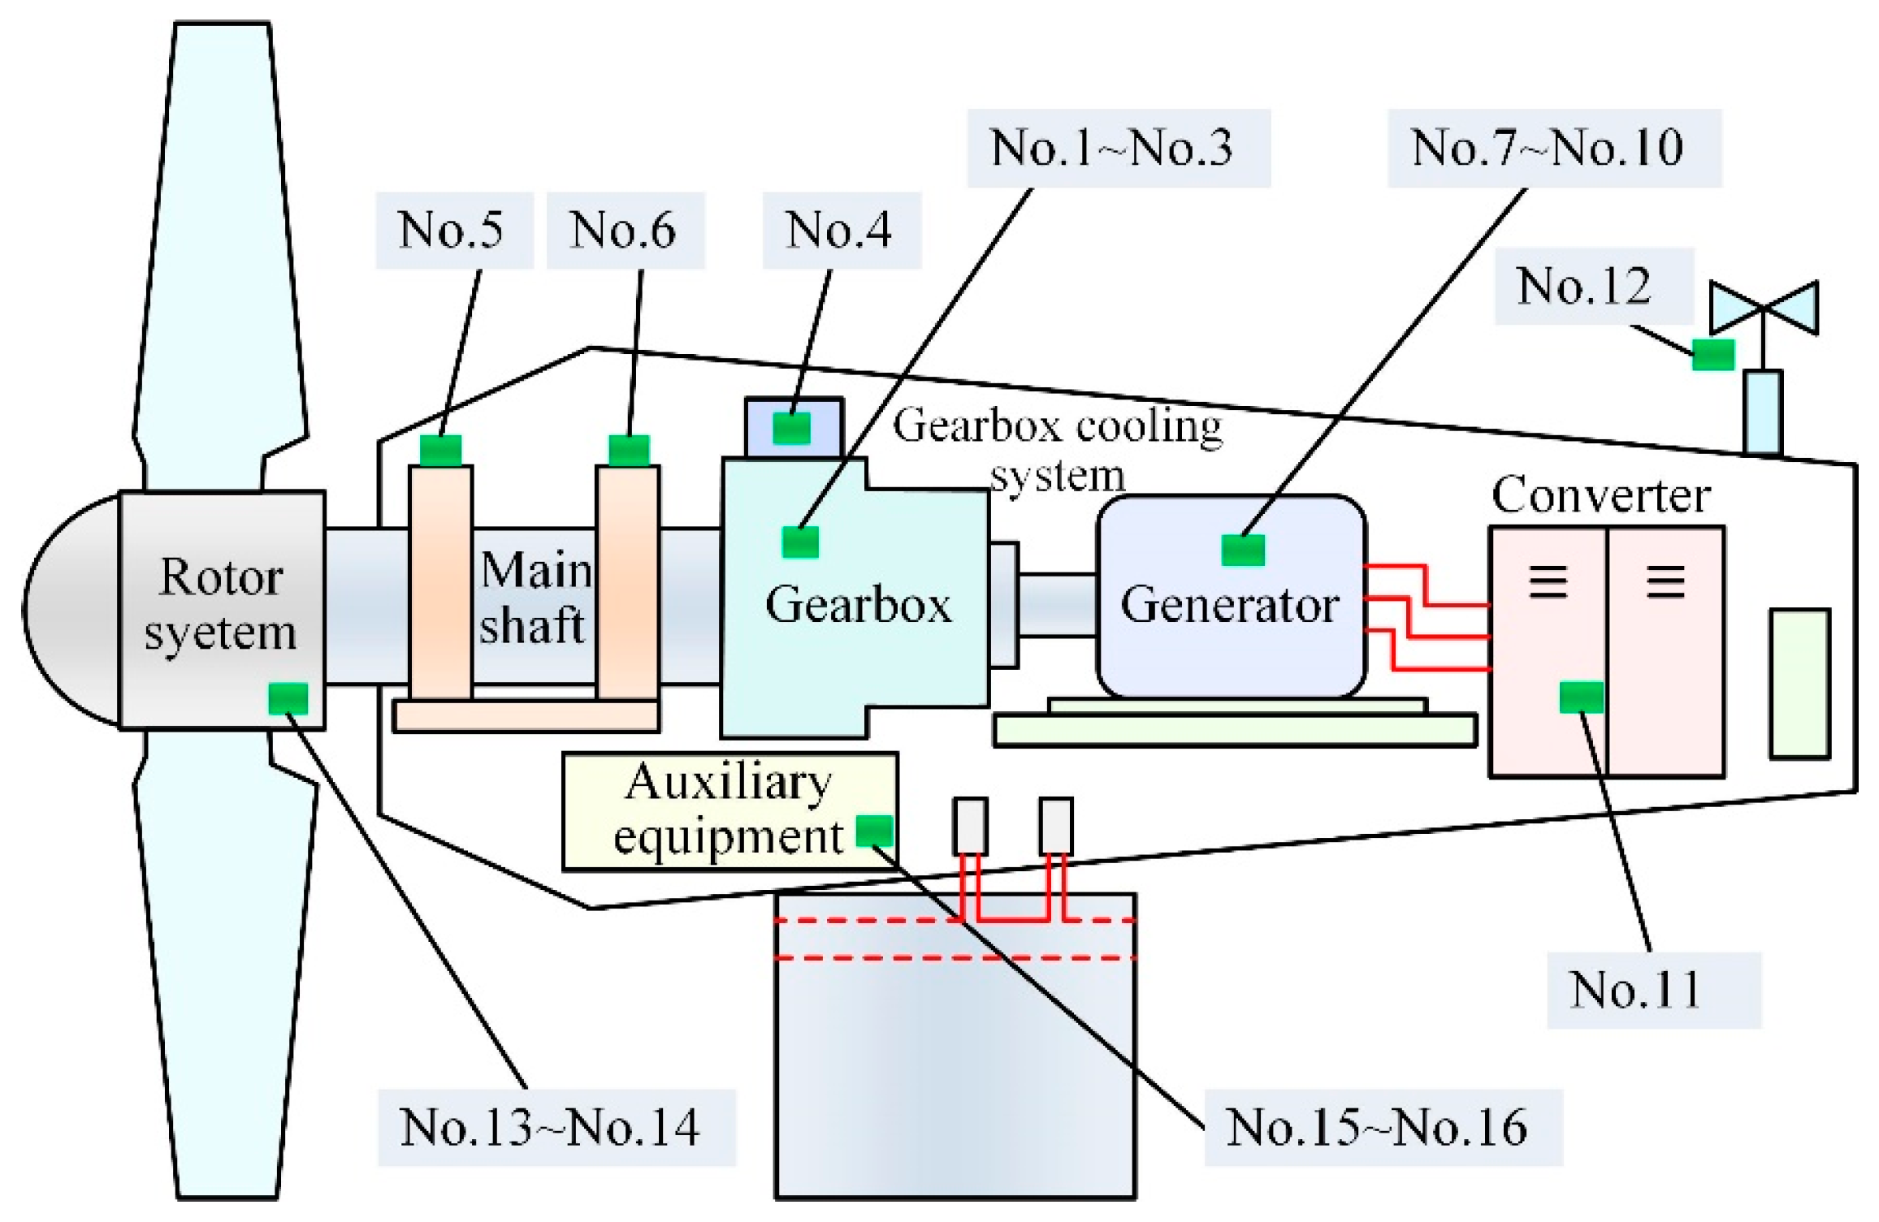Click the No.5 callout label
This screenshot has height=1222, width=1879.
tap(452, 231)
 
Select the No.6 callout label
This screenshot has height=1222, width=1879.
tap(624, 231)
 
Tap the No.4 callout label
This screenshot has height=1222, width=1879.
tap(840, 231)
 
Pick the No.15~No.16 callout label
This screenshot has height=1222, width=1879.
tap(1379, 1128)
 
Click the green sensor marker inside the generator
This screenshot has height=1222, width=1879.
tap(1243, 550)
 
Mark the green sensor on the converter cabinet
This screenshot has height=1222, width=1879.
tap(1581, 697)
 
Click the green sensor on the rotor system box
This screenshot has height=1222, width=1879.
tap(288, 698)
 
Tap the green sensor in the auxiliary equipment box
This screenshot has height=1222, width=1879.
tap(875, 831)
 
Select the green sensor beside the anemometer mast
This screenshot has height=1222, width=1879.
tap(1713, 355)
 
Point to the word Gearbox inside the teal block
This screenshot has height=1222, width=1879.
tap(858, 605)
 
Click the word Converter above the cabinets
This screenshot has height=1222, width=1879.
tap(1600, 495)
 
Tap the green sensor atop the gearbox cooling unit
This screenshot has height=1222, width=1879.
tap(791, 428)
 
